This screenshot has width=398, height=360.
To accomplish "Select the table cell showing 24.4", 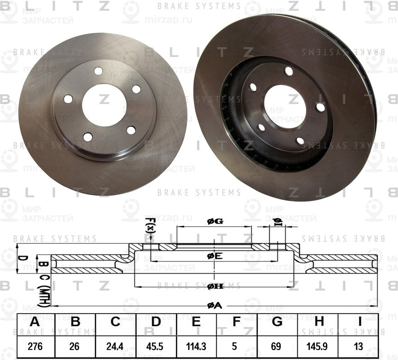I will point(116,347).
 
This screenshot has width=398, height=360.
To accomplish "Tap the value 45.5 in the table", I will point(156,347).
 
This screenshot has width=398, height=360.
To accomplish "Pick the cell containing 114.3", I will point(196,347).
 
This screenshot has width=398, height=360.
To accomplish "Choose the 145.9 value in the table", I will point(319,347).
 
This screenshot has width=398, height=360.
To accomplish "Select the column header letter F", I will point(237,323).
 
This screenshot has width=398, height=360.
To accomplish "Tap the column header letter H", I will point(319,323).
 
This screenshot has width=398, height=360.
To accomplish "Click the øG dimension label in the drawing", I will point(215,221).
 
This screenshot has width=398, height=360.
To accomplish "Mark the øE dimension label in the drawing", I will point(215,256).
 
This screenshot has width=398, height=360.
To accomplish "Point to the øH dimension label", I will point(215,286).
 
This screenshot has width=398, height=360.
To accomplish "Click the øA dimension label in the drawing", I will point(215,306).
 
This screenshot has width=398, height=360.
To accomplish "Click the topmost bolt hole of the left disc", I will point(98,71).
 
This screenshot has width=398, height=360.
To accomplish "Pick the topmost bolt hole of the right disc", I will point(289,71).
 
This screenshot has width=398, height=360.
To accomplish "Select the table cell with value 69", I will point(277,347).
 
